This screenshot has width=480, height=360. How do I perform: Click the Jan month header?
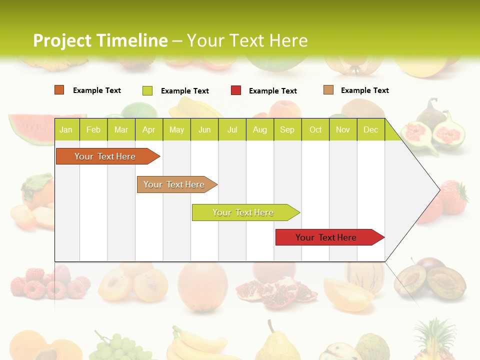point(66,129)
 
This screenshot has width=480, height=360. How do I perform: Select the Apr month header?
point(148,129)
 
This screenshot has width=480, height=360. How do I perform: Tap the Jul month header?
point(232,129)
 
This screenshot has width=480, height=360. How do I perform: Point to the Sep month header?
point(287,129)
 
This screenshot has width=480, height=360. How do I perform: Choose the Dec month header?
point(370,129)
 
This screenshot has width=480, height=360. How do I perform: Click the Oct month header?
point(315,129)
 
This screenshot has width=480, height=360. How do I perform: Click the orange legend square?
point(59,90)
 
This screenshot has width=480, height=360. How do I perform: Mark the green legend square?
point(147,90)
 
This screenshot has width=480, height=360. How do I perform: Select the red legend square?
point(236,90)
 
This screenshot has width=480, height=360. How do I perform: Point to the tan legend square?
point(328,90)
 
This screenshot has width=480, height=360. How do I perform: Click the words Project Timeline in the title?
point(100,40)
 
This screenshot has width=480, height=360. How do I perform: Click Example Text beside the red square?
point(272,90)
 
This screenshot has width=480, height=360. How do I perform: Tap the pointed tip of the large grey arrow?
point(438,190)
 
